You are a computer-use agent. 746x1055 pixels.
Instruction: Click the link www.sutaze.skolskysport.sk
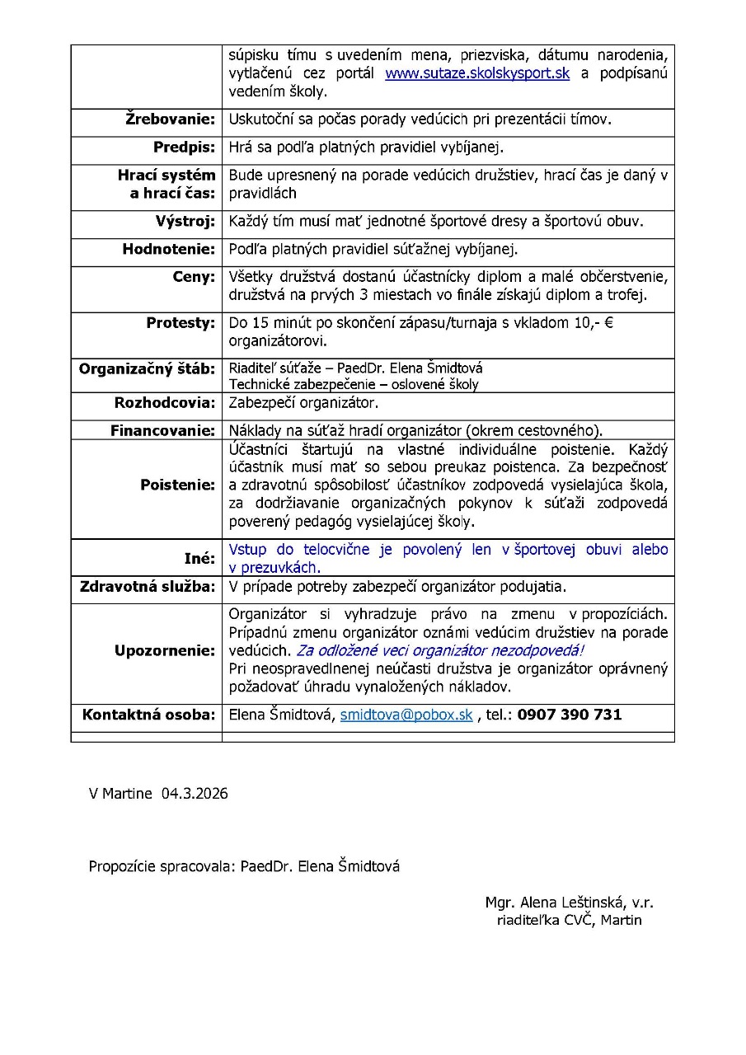click(477, 74)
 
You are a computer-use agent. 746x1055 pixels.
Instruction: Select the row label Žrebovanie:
click(170, 120)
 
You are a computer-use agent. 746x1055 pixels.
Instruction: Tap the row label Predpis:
click(184, 148)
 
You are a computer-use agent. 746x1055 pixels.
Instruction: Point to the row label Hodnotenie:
click(168, 249)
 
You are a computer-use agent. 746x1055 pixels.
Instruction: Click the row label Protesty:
click(181, 323)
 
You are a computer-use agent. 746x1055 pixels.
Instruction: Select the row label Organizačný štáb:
click(147, 368)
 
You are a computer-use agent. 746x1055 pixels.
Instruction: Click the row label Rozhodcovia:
click(164, 403)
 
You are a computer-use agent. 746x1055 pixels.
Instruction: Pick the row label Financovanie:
click(162, 430)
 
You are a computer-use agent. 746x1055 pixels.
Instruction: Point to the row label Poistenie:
click(177, 485)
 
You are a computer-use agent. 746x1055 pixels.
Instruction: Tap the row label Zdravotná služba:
click(147, 587)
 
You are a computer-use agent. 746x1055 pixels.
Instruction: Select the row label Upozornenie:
click(164, 651)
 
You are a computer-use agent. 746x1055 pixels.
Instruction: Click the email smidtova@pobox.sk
click(406, 715)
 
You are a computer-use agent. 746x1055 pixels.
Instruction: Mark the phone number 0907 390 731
click(570, 715)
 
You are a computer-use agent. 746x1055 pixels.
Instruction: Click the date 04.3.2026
click(195, 794)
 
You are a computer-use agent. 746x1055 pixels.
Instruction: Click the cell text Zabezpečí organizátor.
click(303, 404)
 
